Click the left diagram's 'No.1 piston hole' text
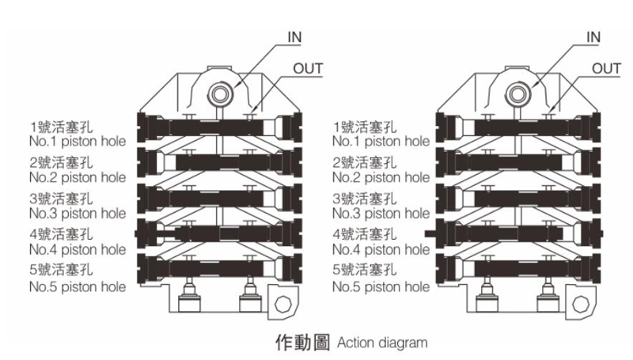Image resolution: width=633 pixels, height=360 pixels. click(x=77, y=142)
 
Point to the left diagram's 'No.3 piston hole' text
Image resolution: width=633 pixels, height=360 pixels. click(x=77, y=213)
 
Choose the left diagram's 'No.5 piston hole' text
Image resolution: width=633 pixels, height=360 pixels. click(x=77, y=286)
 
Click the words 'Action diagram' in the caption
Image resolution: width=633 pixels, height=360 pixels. click(x=381, y=343)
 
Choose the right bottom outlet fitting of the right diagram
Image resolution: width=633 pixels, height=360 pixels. click(x=548, y=301)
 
